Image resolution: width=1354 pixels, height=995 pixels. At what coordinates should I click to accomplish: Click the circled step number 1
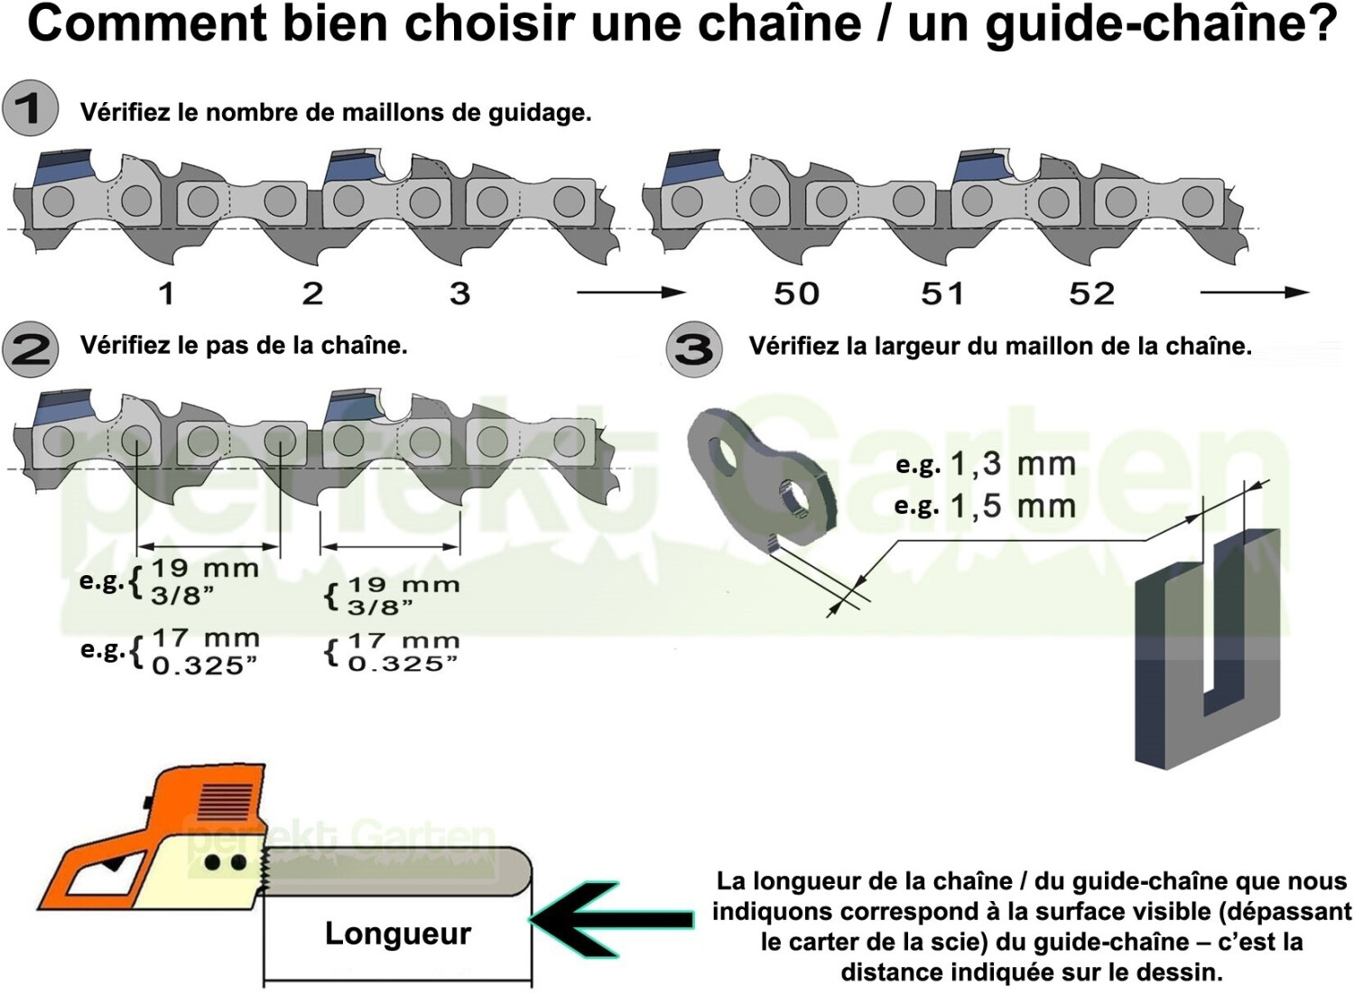tap(30, 108)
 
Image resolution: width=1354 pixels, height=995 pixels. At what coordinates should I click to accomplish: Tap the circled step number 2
tap(30, 349)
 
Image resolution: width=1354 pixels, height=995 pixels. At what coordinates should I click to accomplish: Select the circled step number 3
tap(693, 349)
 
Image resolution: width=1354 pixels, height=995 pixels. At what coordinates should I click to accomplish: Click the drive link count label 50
tap(796, 293)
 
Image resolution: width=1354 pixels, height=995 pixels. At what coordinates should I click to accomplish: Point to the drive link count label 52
tap(1091, 293)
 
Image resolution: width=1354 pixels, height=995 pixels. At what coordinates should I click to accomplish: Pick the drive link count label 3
tap(459, 293)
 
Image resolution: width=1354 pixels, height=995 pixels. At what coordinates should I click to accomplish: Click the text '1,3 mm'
tap(1013, 464)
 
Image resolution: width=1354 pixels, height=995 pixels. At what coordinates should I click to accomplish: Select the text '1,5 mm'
tap(1013, 506)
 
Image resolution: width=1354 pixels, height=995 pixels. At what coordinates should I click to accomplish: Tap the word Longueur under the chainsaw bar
tap(398, 933)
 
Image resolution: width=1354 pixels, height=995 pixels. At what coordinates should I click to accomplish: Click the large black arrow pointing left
tap(614, 919)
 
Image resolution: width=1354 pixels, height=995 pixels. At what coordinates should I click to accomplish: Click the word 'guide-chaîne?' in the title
tap(1161, 24)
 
